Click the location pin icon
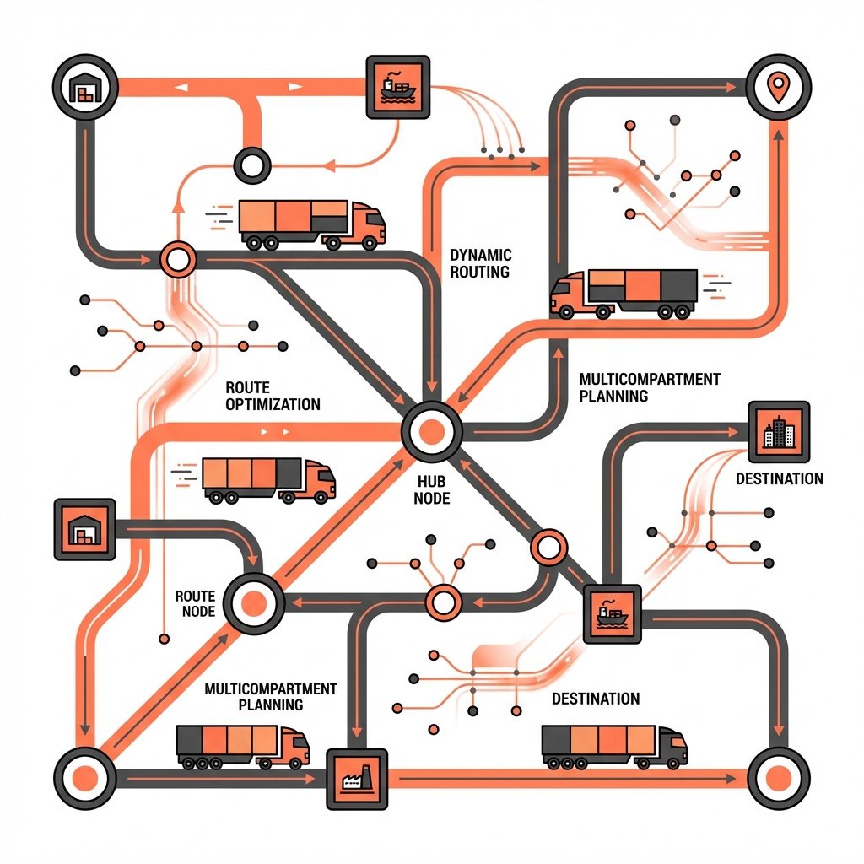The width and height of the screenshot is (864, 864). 778,86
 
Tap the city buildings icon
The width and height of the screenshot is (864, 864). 779,432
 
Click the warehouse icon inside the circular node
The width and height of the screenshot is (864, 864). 84,87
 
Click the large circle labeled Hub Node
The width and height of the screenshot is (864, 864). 431,432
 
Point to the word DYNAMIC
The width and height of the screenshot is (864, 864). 481,255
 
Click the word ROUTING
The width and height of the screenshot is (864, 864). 479,272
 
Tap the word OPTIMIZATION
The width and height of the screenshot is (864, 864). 273,404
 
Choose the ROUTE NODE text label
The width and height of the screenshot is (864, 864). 195,603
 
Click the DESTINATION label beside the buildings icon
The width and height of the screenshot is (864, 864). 779,478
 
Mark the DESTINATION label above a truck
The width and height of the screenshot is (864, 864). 595,699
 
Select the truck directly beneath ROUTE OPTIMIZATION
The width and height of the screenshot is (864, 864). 268,480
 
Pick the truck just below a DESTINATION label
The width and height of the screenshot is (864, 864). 613,746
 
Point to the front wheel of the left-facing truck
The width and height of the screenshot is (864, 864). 566,312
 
